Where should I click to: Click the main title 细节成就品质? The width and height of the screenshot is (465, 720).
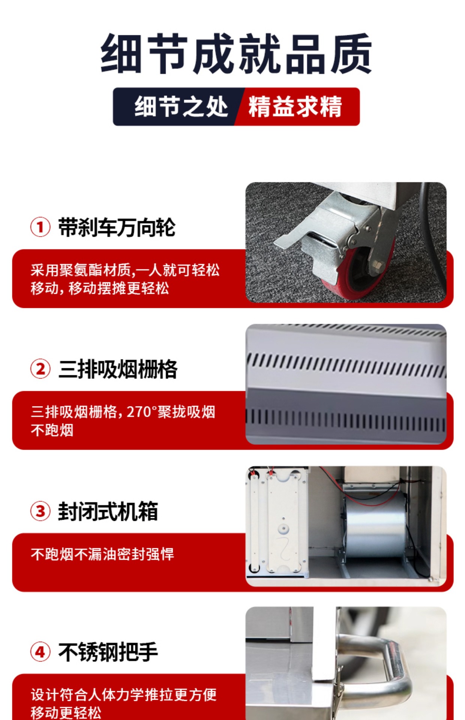pyautogui.click(x=236, y=54)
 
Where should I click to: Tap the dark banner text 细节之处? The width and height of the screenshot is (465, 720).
pyautogui.click(x=181, y=106)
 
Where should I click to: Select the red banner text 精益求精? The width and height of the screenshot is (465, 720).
pyautogui.click(x=295, y=106)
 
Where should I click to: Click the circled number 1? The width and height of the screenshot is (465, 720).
pyautogui.click(x=40, y=227)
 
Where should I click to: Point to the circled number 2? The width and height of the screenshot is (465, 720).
pyautogui.click(x=40, y=369)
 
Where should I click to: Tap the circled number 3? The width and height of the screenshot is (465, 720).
pyautogui.click(x=40, y=511)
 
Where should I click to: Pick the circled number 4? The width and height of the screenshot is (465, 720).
pyautogui.click(x=40, y=652)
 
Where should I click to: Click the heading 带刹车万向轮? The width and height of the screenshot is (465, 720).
pyautogui.click(x=117, y=227)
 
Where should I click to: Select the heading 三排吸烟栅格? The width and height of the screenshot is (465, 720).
pyautogui.click(x=118, y=369)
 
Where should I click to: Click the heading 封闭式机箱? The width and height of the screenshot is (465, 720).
pyautogui.click(x=108, y=511)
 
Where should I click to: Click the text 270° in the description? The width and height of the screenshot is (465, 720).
pyautogui.click(x=139, y=412)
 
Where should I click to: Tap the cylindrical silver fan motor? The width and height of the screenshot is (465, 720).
pyautogui.click(x=375, y=525)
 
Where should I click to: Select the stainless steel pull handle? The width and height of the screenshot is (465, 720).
pyautogui.click(x=375, y=664)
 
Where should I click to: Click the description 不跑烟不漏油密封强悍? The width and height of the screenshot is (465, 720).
pyautogui.click(x=102, y=554)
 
